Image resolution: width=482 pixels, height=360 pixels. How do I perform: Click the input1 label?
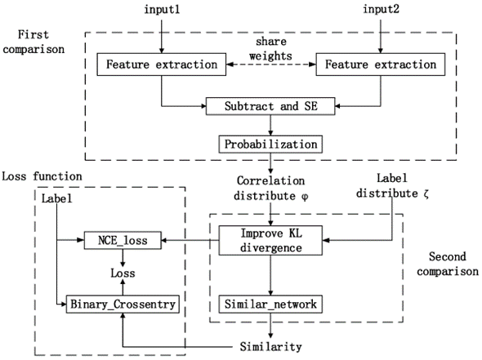pyautogui.click(x=162, y=9)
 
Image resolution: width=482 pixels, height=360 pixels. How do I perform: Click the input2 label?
pyautogui.click(x=381, y=9)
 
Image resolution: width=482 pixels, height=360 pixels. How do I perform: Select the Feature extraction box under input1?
pyautogui.click(x=162, y=64)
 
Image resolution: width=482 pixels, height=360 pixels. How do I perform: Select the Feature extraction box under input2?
pyautogui.click(x=381, y=64)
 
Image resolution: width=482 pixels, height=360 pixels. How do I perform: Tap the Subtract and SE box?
pyautogui.click(x=270, y=106)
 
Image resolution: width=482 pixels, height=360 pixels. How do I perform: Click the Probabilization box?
pyautogui.click(x=270, y=144)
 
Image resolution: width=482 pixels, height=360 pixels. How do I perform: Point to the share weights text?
pyautogui.click(x=270, y=48)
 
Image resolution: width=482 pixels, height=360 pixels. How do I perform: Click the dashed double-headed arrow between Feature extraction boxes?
pyautogui.click(x=271, y=64)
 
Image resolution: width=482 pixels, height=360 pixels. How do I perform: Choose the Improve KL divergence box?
pyautogui.click(x=270, y=241)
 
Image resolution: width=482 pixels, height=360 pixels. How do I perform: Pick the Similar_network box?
pyautogui.click(x=270, y=304)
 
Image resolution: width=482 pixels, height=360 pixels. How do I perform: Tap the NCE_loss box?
pyautogui.click(x=123, y=240)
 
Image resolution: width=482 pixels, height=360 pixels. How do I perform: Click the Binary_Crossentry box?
pyautogui.click(x=123, y=304)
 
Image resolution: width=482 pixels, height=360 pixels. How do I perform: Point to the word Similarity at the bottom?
pyautogui.click(x=270, y=347)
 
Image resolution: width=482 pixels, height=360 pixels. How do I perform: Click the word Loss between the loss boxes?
pyautogui.click(x=123, y=273)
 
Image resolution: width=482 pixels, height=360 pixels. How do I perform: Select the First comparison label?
pyautogui.click(x=33, y=42)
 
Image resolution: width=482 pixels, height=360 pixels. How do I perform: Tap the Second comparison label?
pyautogui.click(x=448, y=264)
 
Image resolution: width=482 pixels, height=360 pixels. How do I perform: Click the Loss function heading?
pyautogui.click(x=42, y=176)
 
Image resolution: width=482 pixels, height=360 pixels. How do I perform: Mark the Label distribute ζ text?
pyautogui.click(x=392, y=186)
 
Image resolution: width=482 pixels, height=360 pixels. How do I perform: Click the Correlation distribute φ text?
pyautogui.click(x=270, y=189)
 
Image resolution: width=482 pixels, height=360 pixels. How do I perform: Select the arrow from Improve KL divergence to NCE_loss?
pyautogui.click(x=190, y=240)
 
